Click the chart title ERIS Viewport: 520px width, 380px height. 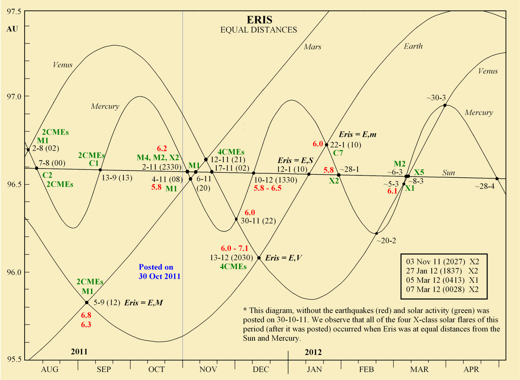pos(259,20)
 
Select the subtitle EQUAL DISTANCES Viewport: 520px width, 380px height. pos(259,30)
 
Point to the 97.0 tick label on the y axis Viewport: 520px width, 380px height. pos(14,97)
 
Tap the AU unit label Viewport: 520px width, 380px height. pos(12,29)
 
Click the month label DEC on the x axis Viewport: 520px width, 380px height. pos(261,370)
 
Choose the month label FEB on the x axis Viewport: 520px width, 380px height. pos(366,370)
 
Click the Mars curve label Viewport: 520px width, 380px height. pos(313,47)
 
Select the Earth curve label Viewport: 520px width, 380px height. pos(413,46)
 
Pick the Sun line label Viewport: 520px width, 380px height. pos(448,173)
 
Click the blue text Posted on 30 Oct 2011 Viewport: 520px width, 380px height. pos(159,272)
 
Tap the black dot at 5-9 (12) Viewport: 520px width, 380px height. pos(87,303)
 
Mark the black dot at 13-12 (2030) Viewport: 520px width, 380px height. pos(259,258)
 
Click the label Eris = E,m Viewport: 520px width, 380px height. pos(357,134)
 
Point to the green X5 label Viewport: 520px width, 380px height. pos(419,172)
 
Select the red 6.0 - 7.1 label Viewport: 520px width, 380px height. pos(235,249)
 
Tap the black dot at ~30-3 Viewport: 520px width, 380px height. pos(445,105)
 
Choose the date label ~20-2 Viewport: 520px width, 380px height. pos(386,241)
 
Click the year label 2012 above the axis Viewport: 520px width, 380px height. pos(313,352)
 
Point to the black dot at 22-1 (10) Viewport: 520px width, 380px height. pos(327,144)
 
